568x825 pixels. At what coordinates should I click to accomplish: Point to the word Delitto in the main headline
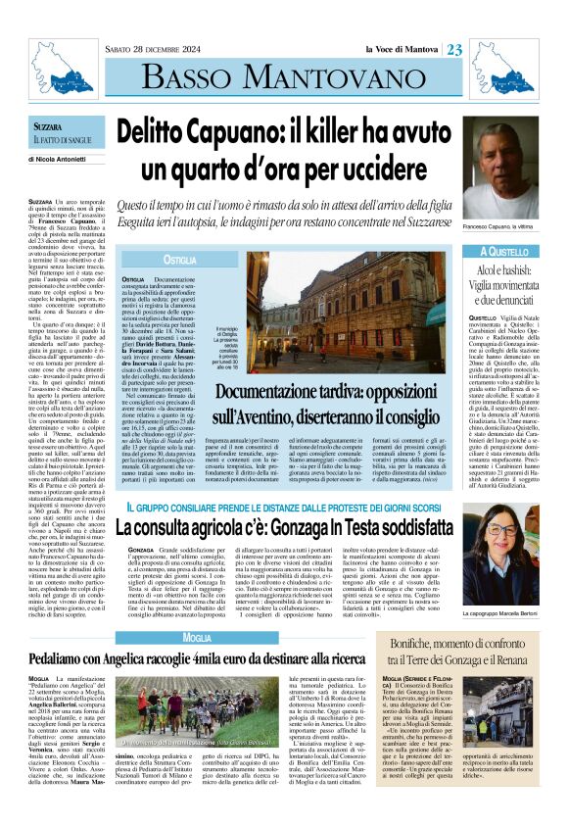tap(165, 132)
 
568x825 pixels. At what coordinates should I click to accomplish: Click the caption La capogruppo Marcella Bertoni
tap(516, 585)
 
